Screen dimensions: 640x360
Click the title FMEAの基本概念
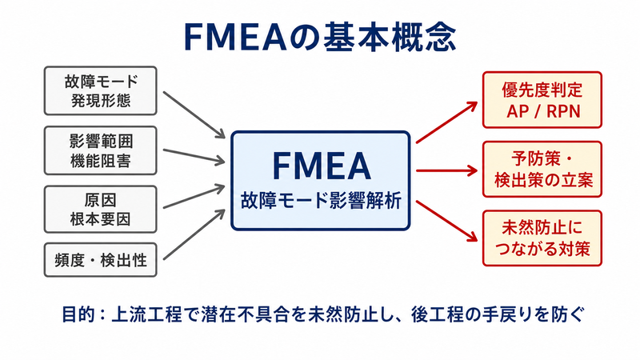click(x=320, y=37)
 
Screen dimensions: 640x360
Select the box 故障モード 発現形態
click(x=101, y=90)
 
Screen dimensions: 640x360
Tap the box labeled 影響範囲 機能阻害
click(x=101, y=150)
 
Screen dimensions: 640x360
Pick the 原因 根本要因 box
click(x=101, y=210)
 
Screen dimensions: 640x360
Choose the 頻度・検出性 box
click(x=101, y=260)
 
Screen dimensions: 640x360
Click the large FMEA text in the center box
click(x=322, y=166)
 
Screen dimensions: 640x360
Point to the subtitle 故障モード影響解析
click(x=322, y=201)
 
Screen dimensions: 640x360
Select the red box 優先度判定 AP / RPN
click(x=542, y=100)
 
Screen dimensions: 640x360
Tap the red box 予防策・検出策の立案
click(x=542, y=170)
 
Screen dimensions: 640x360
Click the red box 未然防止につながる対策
click(x=542, y=238)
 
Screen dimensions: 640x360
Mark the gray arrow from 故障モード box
click(x=194, y=114)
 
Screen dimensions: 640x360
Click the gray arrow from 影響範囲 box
click(x=194, y=156)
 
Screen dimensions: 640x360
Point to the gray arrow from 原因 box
click(x=194, y=196)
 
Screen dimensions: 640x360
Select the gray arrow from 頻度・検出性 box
click(x=194, y=234)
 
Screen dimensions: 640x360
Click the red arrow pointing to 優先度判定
click(x=447, y=122)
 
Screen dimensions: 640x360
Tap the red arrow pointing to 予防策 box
click(x=447, y=170)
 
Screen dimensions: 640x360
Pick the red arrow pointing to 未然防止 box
click(x=447, y=221)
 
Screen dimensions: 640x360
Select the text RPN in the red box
click(x=563, y=111)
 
